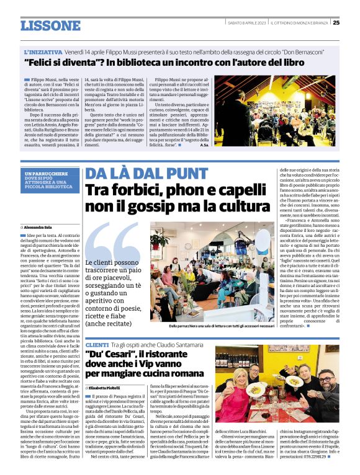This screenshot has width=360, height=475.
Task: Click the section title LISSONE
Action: click(50, 25)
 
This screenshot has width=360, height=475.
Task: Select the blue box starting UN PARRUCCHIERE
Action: click(49, 182)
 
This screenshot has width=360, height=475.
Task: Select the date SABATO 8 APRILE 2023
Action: click(246, 23)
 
